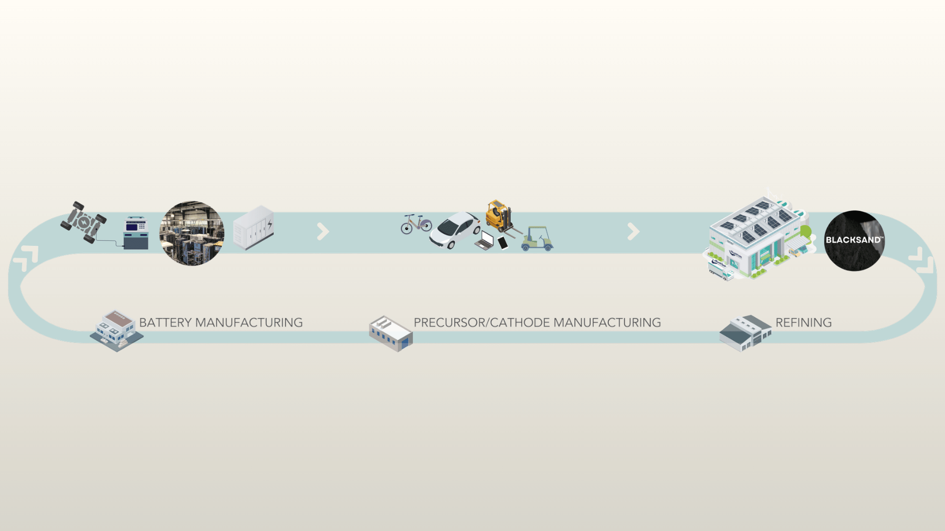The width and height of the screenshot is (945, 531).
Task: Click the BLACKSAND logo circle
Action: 854,240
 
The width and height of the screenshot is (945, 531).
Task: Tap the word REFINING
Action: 803,323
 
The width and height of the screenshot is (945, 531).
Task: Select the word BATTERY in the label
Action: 165,323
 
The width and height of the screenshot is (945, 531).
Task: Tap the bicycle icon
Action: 416,224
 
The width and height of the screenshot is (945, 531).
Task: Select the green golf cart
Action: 537,238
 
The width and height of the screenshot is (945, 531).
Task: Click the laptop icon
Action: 484,240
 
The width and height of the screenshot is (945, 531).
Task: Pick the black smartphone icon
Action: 503,242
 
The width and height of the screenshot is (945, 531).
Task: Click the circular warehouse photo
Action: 192,233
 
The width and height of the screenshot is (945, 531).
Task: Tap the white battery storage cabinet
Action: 254,228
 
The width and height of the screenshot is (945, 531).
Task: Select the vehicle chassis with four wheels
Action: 84,222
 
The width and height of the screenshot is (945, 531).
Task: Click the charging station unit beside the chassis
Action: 136,233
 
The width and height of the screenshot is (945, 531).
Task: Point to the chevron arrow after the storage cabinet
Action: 323,232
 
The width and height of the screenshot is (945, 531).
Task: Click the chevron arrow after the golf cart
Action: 633,232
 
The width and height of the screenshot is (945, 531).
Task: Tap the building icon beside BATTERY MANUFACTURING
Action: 117,330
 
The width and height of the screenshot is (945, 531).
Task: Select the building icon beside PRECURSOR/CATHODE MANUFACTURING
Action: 391,333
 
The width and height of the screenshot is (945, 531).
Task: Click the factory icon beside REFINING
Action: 745,333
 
